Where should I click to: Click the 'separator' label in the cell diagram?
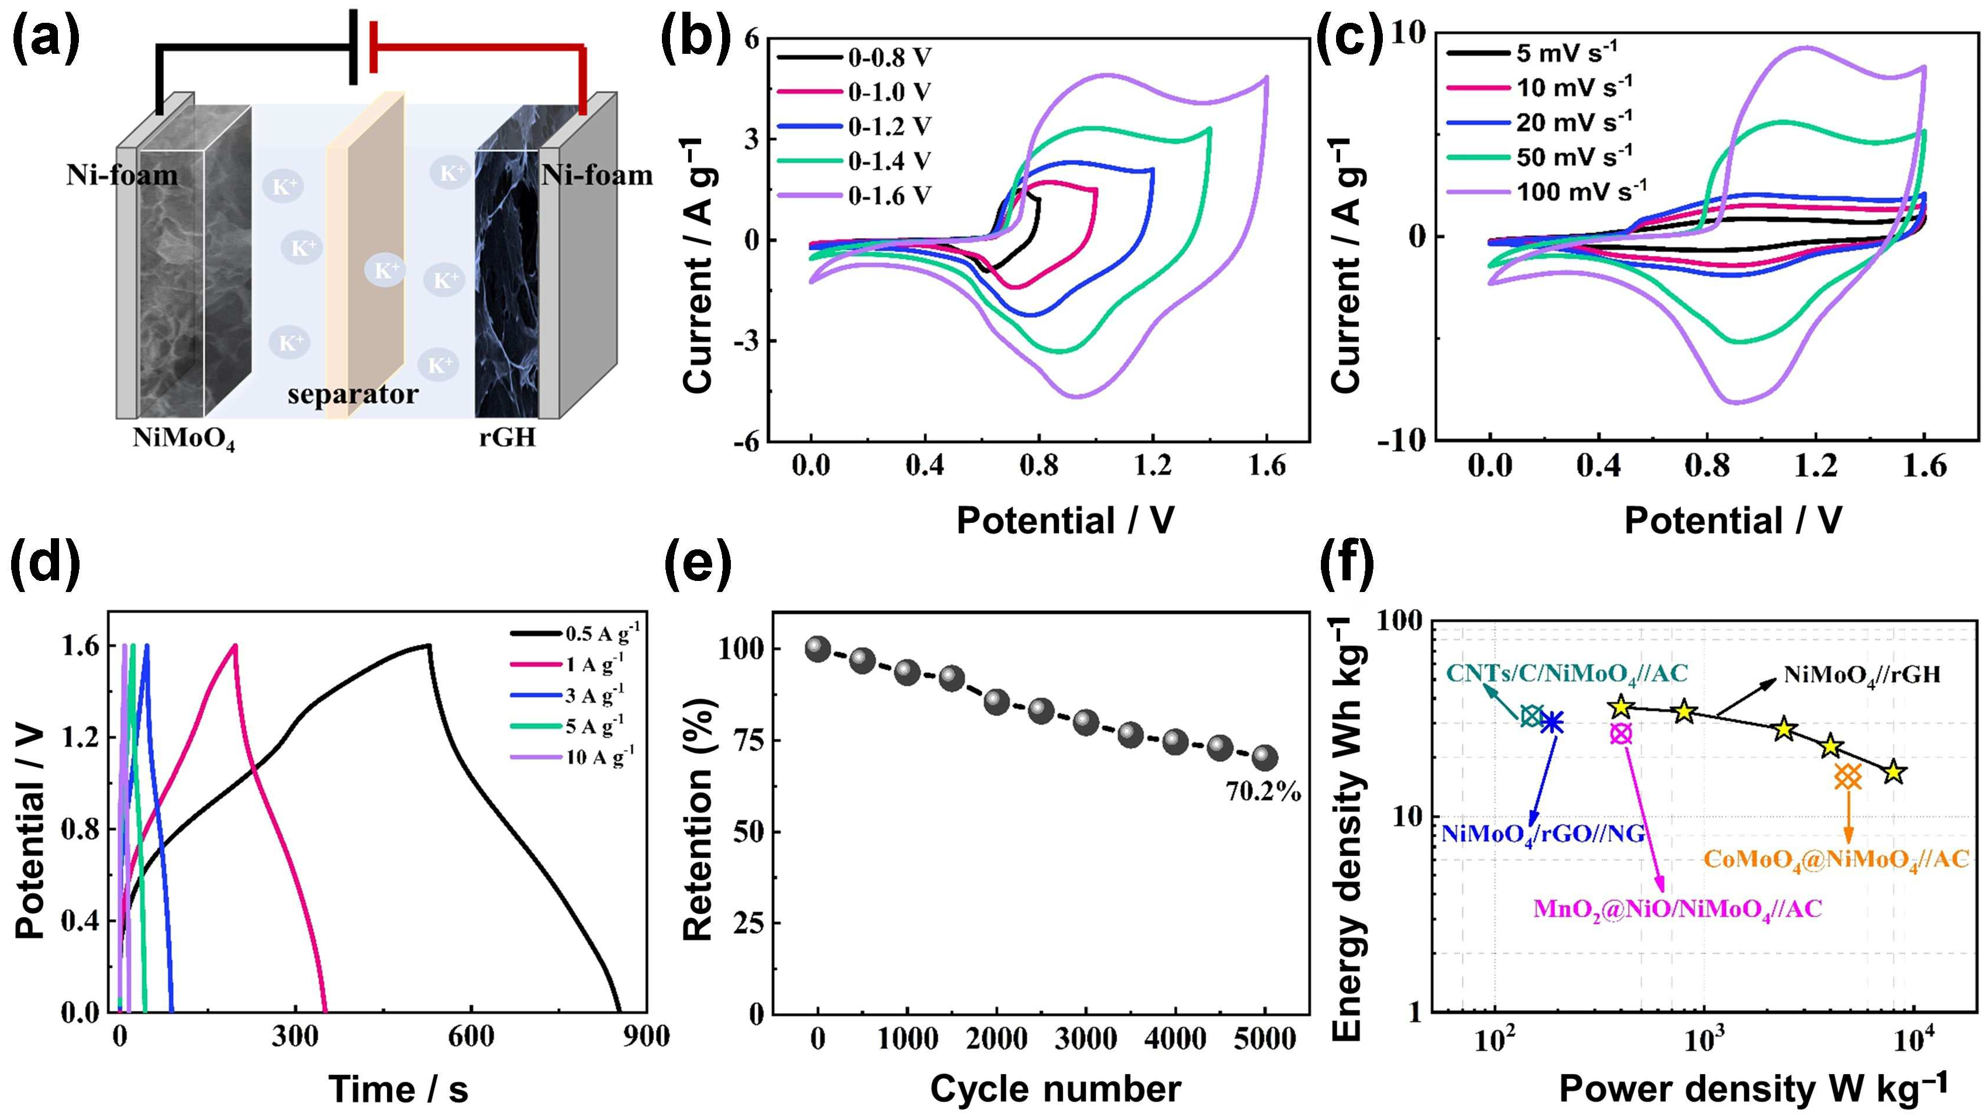tap(353, 394)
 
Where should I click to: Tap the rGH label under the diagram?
tap(507, 438)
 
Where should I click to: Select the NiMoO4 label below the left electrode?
tap(184, 439)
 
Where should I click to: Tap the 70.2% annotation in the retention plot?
tap(1262, 792)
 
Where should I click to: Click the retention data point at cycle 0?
tap(817, 649)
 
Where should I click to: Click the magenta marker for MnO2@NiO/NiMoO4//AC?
tap(1621, 734)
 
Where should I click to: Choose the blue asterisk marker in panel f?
tap(1552, 723)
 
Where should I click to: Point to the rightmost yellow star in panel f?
tap(1894, 772)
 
